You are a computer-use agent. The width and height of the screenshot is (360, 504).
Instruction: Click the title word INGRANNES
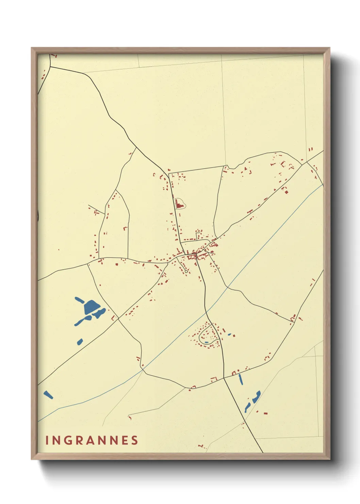tap(92, 440)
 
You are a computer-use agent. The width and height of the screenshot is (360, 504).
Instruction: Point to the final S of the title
tap(135, 440)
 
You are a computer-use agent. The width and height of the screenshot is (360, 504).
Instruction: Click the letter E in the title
tap(125, 440)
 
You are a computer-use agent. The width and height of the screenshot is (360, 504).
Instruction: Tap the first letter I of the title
tap(47, 440)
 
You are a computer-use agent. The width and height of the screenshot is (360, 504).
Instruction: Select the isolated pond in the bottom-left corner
tap(48, 395)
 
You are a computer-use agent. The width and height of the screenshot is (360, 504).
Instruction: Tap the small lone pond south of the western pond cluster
tap(80, 341)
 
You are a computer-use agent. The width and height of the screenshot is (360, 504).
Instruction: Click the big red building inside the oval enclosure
tap(178, 204)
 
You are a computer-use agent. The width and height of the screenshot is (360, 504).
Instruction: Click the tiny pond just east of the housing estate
tap(230, 334)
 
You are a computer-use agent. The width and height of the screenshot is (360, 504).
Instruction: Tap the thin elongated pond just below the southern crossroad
tap(241, 379)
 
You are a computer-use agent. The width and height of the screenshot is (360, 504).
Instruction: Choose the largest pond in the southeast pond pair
tap(256, 396)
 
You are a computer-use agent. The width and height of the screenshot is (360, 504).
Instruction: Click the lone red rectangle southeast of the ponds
tap(265, 413)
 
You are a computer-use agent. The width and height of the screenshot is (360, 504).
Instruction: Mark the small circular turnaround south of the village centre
tap(186, 271)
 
